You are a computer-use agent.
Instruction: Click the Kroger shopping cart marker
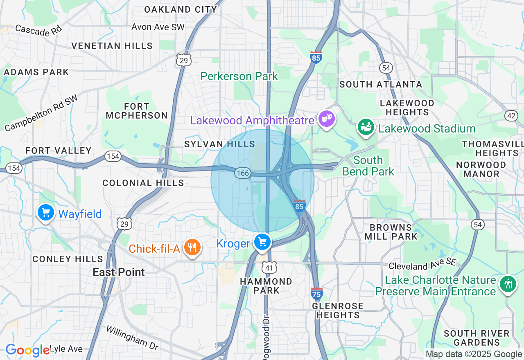pos(262,242)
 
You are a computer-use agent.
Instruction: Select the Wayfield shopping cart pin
pos(46,213)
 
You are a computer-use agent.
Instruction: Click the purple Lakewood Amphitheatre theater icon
pos(326,119)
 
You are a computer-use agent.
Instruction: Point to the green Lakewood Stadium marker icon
pos(366,127)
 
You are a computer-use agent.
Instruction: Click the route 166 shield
pos(242,173)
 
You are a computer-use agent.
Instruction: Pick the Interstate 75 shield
pos(316,293)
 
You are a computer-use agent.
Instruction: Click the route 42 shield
pos(510,116)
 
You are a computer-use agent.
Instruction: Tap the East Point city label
pos(119,272)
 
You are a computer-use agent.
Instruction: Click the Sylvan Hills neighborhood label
pos(219,144)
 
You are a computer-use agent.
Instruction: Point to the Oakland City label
pos(181,9)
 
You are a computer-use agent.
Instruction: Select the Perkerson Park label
pos(239,76)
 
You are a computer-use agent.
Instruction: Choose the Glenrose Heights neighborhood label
pos(338,310)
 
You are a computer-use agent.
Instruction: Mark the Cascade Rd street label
pos(38,29)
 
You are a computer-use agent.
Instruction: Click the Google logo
pos(27,350)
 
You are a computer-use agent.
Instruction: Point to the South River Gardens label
pos(477,338)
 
